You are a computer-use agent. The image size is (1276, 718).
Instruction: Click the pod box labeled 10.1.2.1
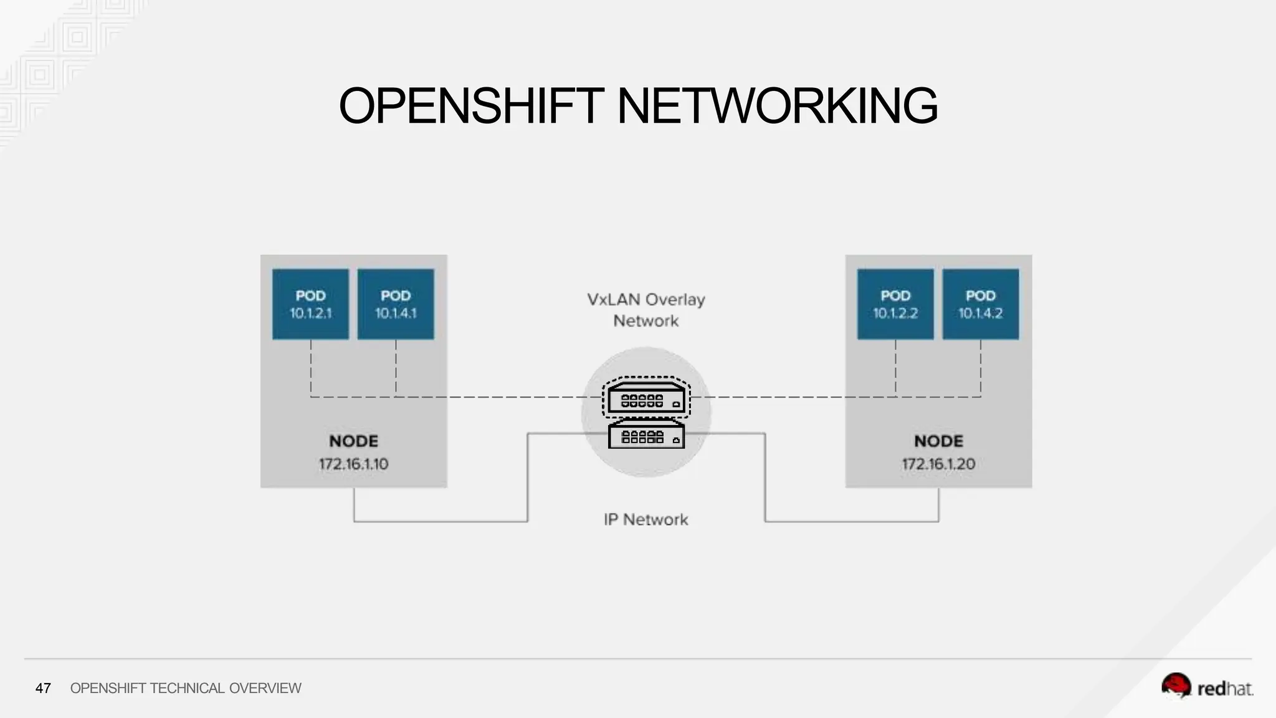point(310,304)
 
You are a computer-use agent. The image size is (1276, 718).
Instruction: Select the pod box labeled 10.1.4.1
point(396,304)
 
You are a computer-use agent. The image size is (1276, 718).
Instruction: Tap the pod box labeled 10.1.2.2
point(895,304)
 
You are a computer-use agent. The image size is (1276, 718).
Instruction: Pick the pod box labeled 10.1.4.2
point(981,304)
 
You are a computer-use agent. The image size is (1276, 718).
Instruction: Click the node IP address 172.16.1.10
point(353,464)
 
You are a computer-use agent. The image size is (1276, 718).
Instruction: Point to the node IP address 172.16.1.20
point(938,464)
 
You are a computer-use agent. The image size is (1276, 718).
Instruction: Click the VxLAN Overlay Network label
point(646,310)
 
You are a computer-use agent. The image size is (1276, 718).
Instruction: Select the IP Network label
point(646,520)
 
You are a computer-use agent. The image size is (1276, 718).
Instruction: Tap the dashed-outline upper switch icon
point(646,397)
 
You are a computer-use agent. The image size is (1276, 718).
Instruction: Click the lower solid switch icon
point(646,434)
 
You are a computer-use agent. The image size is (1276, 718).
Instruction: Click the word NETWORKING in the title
point(777,106)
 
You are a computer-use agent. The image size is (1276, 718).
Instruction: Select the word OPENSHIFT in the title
point(471,106)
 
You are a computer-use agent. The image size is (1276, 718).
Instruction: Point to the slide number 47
point(43,688)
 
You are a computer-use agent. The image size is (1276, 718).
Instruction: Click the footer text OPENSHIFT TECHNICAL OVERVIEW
point(186,688)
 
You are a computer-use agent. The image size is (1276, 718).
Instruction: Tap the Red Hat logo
point(1207,686)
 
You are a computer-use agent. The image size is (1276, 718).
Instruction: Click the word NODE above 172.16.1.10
point(353,441)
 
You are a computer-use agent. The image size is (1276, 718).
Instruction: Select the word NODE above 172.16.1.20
point(938,441)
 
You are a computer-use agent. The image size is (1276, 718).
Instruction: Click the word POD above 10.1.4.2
point(981,295)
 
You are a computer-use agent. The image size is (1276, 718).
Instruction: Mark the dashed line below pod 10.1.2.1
point(311,368)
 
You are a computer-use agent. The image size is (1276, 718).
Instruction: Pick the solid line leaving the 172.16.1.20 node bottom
point(938,505)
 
